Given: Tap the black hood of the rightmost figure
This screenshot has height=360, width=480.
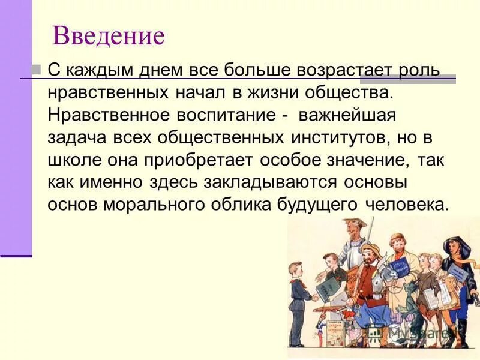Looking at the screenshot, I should coord(455,243).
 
